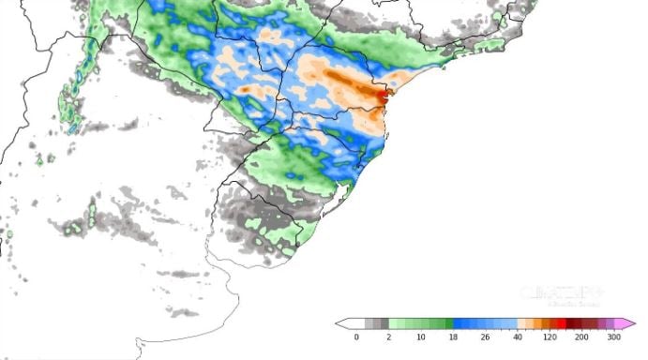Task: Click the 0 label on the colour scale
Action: tap(356, 337)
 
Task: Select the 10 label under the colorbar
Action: tap(422, 337)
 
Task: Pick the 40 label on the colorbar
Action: tap(519, 337)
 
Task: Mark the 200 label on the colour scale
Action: tap(581, 337)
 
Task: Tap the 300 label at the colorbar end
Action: tap(613, 337)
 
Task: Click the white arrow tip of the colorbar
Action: tap(341, 323)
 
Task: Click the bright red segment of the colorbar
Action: tap(561, 323)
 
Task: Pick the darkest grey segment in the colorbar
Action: tap(384, 323)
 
